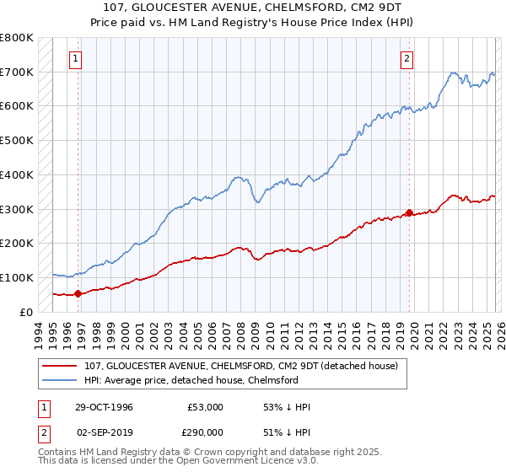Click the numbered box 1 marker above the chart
coord(76,59)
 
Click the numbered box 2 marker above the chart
coord(406,59)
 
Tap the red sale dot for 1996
coord(78,293)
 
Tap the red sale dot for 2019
coord(409,212)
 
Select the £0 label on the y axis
coord(25,312)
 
